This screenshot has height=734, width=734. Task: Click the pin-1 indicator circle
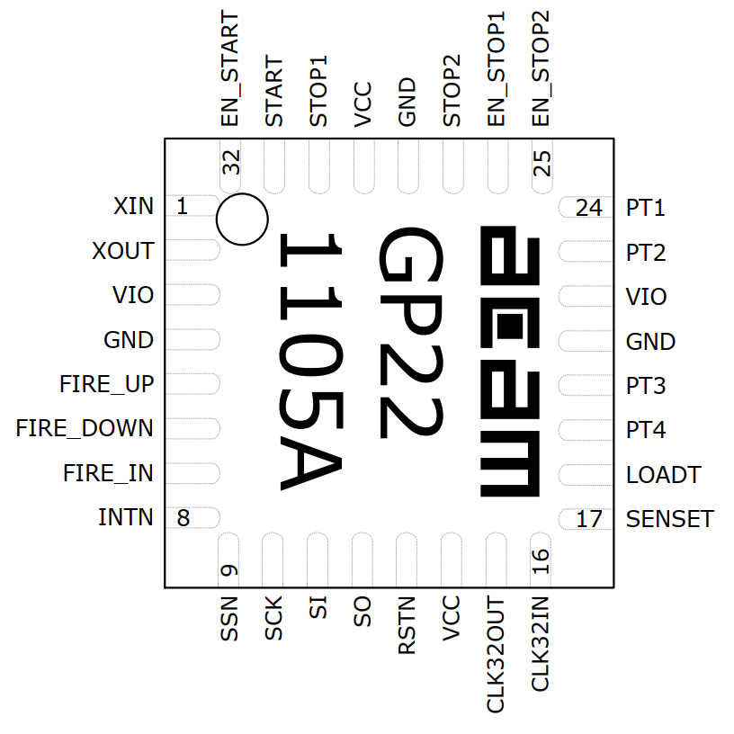pyautogui.click(x=243, y=219)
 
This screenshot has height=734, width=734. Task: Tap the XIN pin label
pyautogui.click(x=133, y=206)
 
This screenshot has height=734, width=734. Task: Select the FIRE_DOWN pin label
pyautogui.click(x=85, y=428)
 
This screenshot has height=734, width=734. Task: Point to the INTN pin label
pyautogui.click(x=125, y=518)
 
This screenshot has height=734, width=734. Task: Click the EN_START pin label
pyautogui.click(x=230, y=70)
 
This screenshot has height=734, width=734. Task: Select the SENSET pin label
pyautogui.click(x=670, y=519)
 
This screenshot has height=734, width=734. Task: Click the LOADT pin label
pyautogui.click(x=663, y=475)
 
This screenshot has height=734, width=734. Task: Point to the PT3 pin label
pyautogui.click(x=646, y=386)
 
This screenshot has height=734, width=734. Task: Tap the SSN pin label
pyautogui.click(x=230, y=618)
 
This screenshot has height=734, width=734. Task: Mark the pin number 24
pyautogui.click(x=588, y=209)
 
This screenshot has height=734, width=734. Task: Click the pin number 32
pyautogui.click(x=231, y=163)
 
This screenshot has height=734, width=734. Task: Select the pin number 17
pyautogui.click(x=588, y=519)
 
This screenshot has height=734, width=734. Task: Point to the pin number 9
pyautogui.click(x=229, y=570)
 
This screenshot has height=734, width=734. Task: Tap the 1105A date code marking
pyautogui.click(x=311, y=363)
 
